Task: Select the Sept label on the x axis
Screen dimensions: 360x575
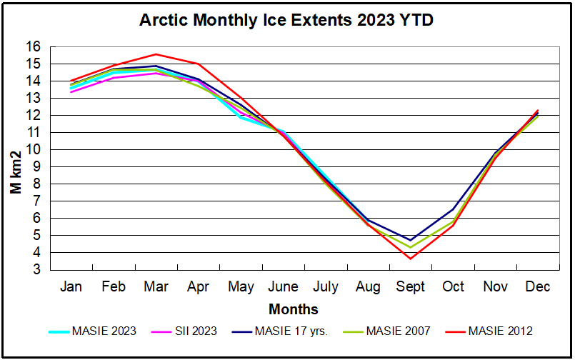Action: [x=410, y=286]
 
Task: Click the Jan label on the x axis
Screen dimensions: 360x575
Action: [x=71, y=286]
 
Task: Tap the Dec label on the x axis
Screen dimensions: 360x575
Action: [x=537, y=286]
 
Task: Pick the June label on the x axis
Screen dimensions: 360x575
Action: [x=283, y=286]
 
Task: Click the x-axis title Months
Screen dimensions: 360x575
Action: [x=294, y=309]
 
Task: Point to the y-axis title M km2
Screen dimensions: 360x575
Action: [x=15, y=171]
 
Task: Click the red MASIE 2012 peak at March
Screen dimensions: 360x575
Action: [x=156, y=54]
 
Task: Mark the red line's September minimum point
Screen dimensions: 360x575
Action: [x=410, y=258]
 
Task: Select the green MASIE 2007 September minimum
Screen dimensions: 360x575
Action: [x=410, y=247]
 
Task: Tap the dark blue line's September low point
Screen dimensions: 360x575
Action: [x=410, y=240]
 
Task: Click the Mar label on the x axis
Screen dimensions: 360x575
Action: [x=156, y=286]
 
